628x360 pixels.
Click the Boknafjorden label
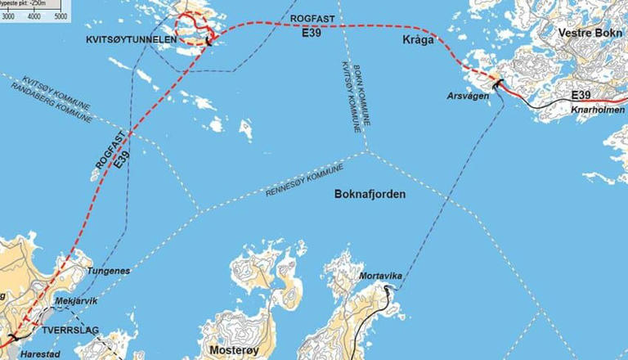click(x=370, y=195)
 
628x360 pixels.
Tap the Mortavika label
click(x=381, y=276)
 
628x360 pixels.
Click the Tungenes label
click(x=108, y=270)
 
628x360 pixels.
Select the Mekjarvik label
click(x=75, y=301)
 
